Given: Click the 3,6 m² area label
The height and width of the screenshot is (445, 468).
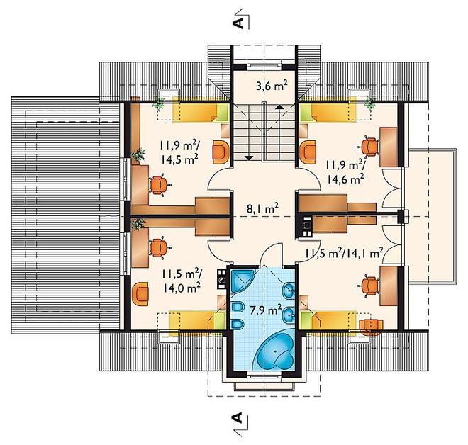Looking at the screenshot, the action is [272, 86].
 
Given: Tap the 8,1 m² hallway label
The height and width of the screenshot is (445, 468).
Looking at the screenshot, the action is [262, 208].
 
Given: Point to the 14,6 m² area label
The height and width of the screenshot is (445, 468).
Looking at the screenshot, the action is [345, 179].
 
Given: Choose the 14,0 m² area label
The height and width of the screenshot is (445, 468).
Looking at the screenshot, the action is [182, 287].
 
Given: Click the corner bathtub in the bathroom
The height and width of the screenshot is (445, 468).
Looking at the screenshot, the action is [276, 349].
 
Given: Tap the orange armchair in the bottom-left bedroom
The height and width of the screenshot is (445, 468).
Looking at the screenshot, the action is [140, 294].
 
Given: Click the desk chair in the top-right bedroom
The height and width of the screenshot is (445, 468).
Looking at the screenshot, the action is [370, 147].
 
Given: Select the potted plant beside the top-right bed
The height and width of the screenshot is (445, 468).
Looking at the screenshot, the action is [370, 104].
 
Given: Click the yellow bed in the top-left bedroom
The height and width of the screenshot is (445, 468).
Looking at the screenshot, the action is [200, 113].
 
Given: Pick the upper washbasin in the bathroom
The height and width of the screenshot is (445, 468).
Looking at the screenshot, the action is [289, 289].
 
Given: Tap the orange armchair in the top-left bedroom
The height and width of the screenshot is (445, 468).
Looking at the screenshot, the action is [221, 152].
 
